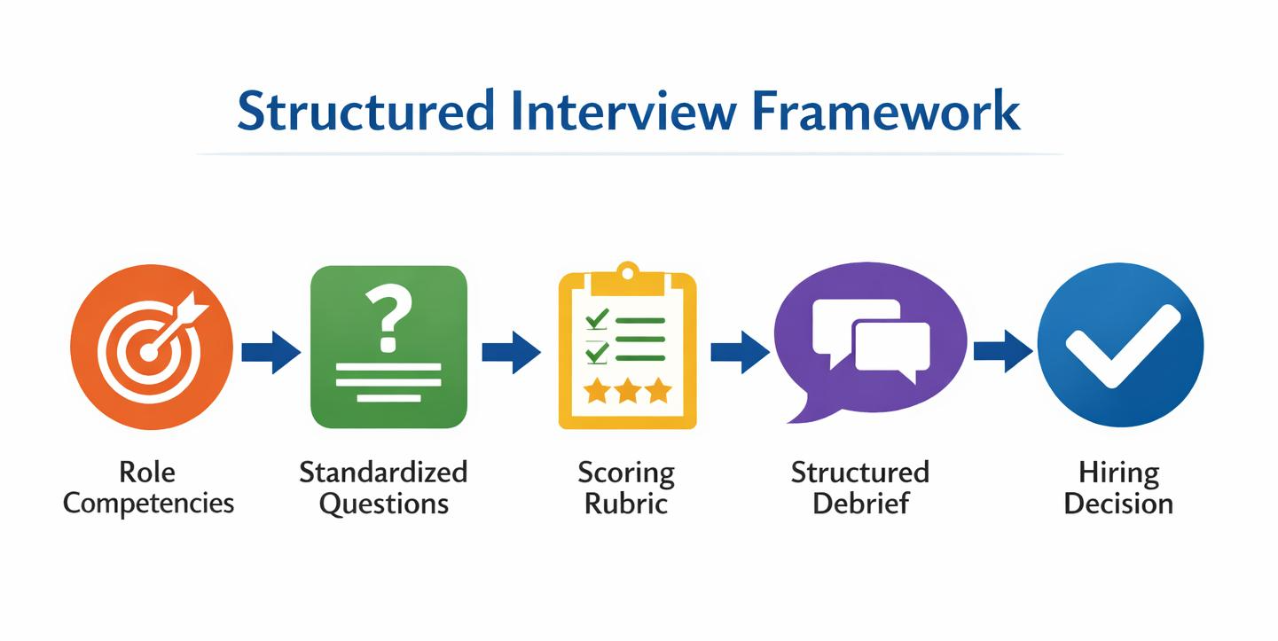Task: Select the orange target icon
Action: pos(152,347)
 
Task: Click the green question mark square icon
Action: pos(388,347)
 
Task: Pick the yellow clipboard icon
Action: pos(627,351)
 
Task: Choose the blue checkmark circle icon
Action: pos(1120,346)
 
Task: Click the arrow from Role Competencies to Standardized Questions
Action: pos(270,351)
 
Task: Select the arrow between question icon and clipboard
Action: pos(511,351)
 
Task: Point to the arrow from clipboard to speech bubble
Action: pos(740,351)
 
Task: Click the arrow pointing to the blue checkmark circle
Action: pos(1002,351)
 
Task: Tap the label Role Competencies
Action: pos(148,488)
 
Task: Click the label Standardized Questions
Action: pos(383,488)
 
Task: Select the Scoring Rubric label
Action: pos(626,488)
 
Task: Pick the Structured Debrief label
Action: pos(860,488)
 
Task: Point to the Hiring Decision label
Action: pos(1118,488)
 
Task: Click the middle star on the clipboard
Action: pos(628,391)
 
